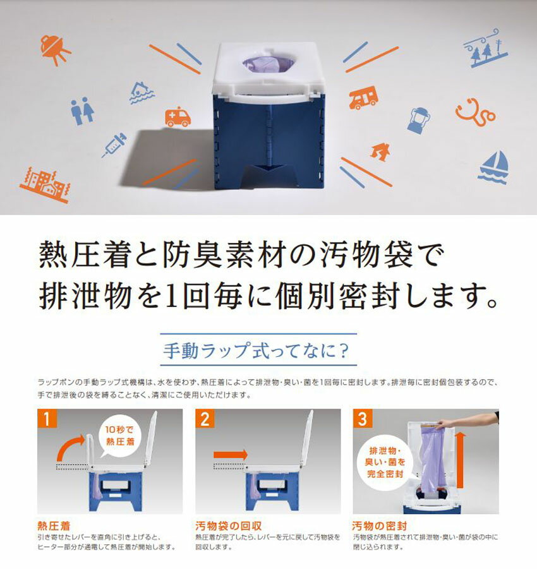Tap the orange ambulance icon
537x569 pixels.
178,117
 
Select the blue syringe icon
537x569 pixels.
114,145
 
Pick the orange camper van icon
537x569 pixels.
363,97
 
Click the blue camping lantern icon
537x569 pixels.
419,121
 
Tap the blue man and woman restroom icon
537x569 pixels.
82,111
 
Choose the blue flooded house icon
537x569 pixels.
142,93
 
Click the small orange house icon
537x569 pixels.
380,152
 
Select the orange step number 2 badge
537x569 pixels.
205,419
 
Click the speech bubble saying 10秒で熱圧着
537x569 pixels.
119,436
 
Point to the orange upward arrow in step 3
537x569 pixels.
461,460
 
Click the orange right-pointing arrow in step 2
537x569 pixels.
230,454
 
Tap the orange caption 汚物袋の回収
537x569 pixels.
228,526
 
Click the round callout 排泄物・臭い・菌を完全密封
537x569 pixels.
385,462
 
